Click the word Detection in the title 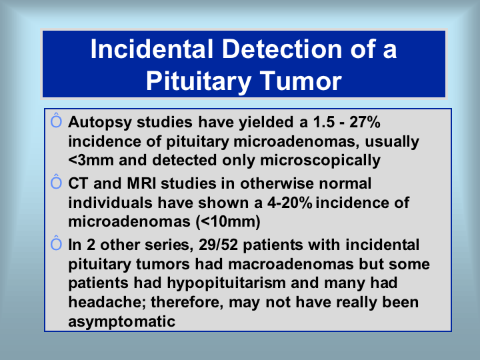click(x=281, y=49)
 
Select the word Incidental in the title click(x=152, y=49)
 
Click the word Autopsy click(x=100, y=123)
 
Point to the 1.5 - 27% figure click(x=347, y=122)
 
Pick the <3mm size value click(x=91, y=160)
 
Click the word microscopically click(x=320, y=161)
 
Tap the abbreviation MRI click(x=141, y=183)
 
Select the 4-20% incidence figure click(x=289, y=203)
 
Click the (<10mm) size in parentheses click(x=228, y=221)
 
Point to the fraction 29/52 click(x=218, y=245)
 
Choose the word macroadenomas click(x=291, y=264)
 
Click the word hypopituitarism click(x=226, y=283)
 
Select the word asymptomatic click(x=122, y=322)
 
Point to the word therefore click(x=187, y=303)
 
